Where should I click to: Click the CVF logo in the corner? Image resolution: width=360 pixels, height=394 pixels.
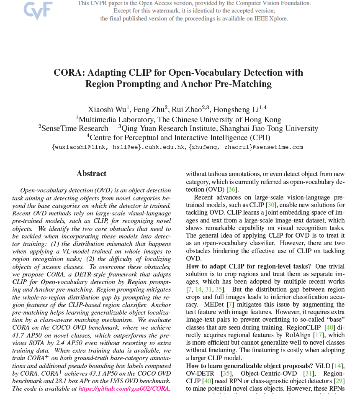click(x=38, y=11)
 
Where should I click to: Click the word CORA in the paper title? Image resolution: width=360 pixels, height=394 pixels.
click(x=68, y=72)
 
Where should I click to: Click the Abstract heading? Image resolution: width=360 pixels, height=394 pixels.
click(x=91, y=174)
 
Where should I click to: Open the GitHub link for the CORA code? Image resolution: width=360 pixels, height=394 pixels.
click(x=124, y=389)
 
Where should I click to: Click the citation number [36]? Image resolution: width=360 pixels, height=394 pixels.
click(x=232, y=189)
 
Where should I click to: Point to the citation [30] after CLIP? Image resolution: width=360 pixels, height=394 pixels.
click(x=271, y=205)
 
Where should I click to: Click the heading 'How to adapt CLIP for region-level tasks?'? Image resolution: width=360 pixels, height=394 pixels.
click(x=248, y=266)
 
